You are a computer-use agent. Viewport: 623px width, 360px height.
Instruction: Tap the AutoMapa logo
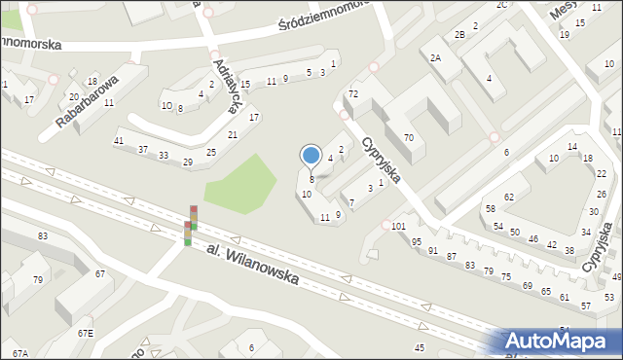click(x=561, y=342)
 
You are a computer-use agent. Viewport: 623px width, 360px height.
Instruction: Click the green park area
click(x=244, y=184)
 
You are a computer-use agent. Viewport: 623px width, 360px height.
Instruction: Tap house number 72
click(x=353, y=93)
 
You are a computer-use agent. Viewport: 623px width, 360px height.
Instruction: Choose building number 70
click(x=409, y=138)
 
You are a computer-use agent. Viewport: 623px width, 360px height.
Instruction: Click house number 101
click(x=397, y=226)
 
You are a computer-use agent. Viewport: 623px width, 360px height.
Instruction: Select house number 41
click(x=119, y=142)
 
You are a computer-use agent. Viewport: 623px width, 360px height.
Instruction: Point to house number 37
click(x=142, y=149)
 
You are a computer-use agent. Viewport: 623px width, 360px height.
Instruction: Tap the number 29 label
click(x=187, y=162)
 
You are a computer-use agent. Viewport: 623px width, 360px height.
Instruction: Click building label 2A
click(x=436, y=57)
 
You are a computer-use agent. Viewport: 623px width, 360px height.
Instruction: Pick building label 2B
click(x=459, y=35)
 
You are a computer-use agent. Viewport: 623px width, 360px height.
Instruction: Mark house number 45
click(x=420, y=347)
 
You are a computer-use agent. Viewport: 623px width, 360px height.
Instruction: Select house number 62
click(x=508, y=198)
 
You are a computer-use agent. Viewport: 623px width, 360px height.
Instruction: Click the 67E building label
click(x=86, y=334)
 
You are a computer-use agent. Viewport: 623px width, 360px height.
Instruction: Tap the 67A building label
click(x=20, y=351)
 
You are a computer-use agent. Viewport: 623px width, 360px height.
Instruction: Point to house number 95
click(x=417, y=241)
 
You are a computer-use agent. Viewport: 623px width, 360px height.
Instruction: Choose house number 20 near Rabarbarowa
click(x=74, y=96)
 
